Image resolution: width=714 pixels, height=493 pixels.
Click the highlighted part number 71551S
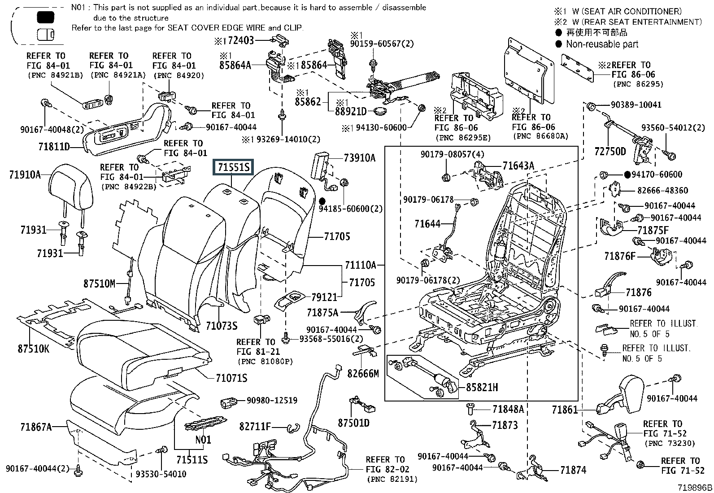coord(233,168)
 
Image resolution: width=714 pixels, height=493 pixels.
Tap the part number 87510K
coord(34,348)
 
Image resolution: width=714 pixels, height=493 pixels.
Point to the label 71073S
coord(222,326)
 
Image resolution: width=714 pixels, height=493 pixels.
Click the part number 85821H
coord(482,387)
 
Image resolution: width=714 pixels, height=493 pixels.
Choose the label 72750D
coord(610,151)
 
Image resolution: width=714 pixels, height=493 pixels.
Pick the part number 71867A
coord(36,427)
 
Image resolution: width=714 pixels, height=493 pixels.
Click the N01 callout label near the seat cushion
coord(203,440)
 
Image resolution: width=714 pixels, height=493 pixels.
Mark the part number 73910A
coord(360,158)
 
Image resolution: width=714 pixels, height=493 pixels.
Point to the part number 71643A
coord(518,166)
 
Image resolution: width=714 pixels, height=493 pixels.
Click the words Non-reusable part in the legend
coord(602,44)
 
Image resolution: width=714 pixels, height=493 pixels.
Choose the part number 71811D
coord(54,146)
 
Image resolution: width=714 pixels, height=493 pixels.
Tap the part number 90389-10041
coord(636,105)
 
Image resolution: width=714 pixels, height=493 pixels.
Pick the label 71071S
coord(231,378)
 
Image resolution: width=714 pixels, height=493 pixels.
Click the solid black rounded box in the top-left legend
coord(45,17)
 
